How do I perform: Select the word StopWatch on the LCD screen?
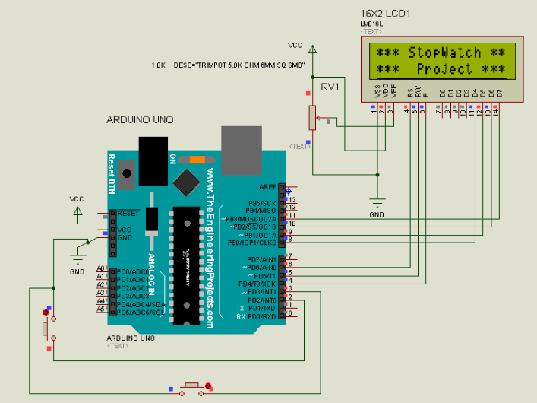(x=444, y=52)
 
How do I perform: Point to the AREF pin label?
(x=267, y=187)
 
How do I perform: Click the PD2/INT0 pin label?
(x=262, y=300)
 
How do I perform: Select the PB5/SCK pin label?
(x=262, y=203)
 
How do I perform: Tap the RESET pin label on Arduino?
(x=128, y=213)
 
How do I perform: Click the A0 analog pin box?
(x=100, y=269)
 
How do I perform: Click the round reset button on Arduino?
(x=126, y=174)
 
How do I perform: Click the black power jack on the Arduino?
(x=153, y=160)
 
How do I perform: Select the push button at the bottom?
(x=193, y=386)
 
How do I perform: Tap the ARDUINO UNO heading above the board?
(x=140, y=120)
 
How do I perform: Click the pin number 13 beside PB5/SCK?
(x=291, y=200)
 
